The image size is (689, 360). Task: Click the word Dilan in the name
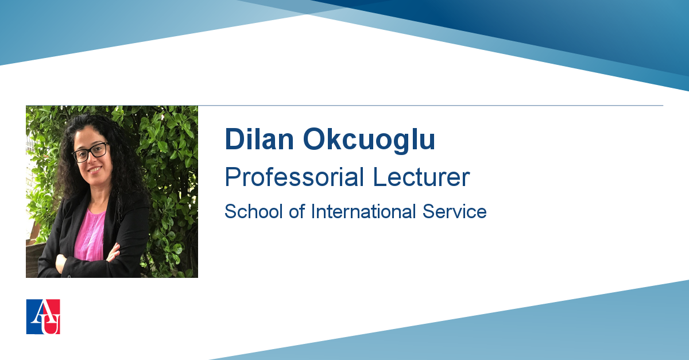click(260, 139)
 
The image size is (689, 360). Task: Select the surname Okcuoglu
click(369, 141)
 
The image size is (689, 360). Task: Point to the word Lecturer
click(421, 177)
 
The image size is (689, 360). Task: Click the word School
click(253, 211)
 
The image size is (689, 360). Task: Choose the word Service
click(455, 211)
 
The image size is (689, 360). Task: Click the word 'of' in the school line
click(297, 211)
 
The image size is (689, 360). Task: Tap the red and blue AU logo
click(43, 316)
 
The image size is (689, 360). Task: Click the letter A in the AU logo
click(40, 311)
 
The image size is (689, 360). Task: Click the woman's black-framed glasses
click(90, 152)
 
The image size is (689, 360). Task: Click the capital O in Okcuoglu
click(315, 139)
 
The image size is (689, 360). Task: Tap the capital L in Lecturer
click(380, 177)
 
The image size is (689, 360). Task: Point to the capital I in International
click(313, 211)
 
